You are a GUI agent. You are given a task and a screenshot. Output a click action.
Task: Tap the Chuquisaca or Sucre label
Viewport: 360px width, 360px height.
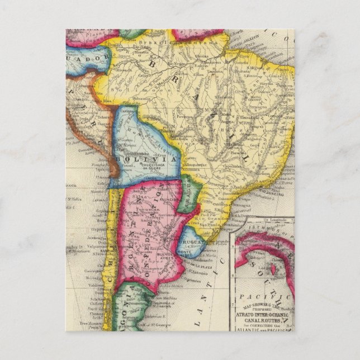147,166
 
